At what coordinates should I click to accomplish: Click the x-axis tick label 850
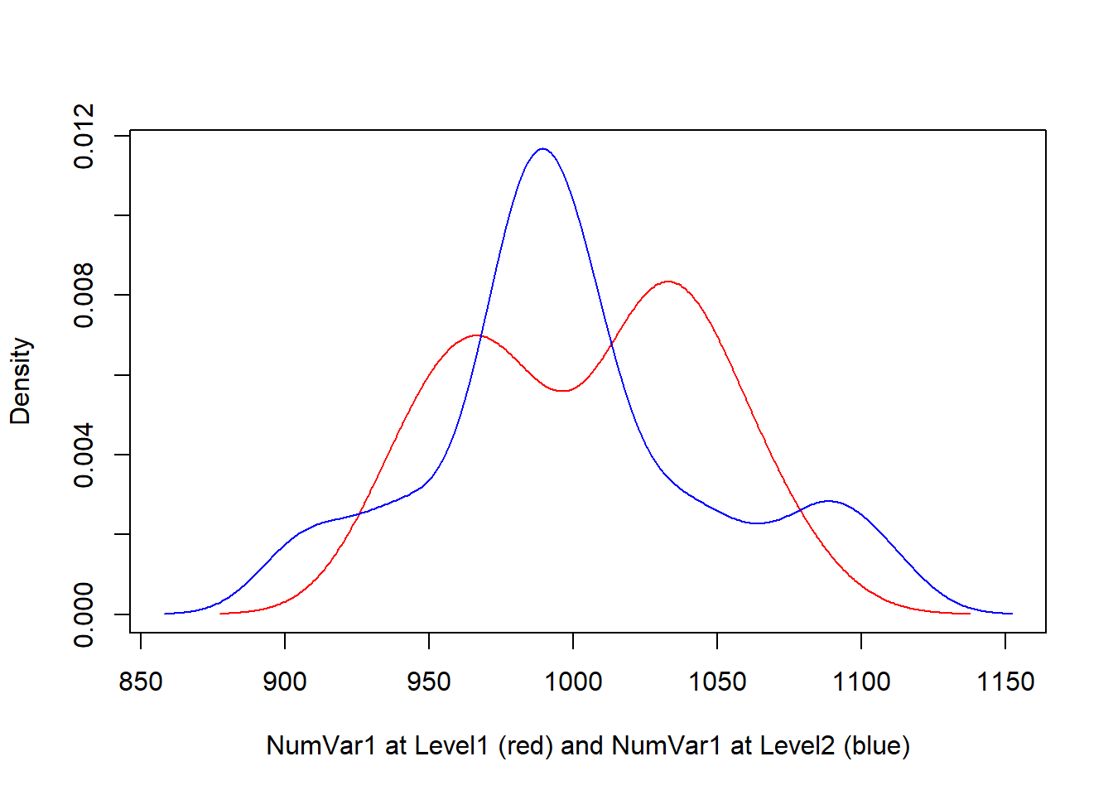pos(141,682)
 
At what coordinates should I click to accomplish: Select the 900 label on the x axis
pos(285,682)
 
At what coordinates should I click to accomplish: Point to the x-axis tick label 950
pos(429,682)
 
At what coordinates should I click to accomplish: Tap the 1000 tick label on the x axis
pos(573,682)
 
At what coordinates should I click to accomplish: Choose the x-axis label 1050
pos(717,682)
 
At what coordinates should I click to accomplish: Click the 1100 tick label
pos(861,682)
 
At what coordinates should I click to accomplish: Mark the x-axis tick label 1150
pos(1005,682)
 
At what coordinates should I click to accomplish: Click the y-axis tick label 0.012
pos(84,136)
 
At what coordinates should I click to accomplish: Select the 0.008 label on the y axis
pos(84,296)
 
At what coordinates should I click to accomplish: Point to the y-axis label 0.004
pos(84,455)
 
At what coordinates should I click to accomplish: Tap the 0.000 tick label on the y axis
pos(84,614)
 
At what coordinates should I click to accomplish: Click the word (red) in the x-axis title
pos(526,745)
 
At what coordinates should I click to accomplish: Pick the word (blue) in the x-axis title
pos(876,745)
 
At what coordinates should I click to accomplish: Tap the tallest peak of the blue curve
pos(542,149)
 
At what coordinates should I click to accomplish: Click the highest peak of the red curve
pos(667,282)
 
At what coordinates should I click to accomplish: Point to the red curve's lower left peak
pos(477,335)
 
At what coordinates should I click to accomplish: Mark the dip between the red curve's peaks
pos(563,390)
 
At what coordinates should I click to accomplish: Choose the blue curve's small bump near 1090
pos(828,501)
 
